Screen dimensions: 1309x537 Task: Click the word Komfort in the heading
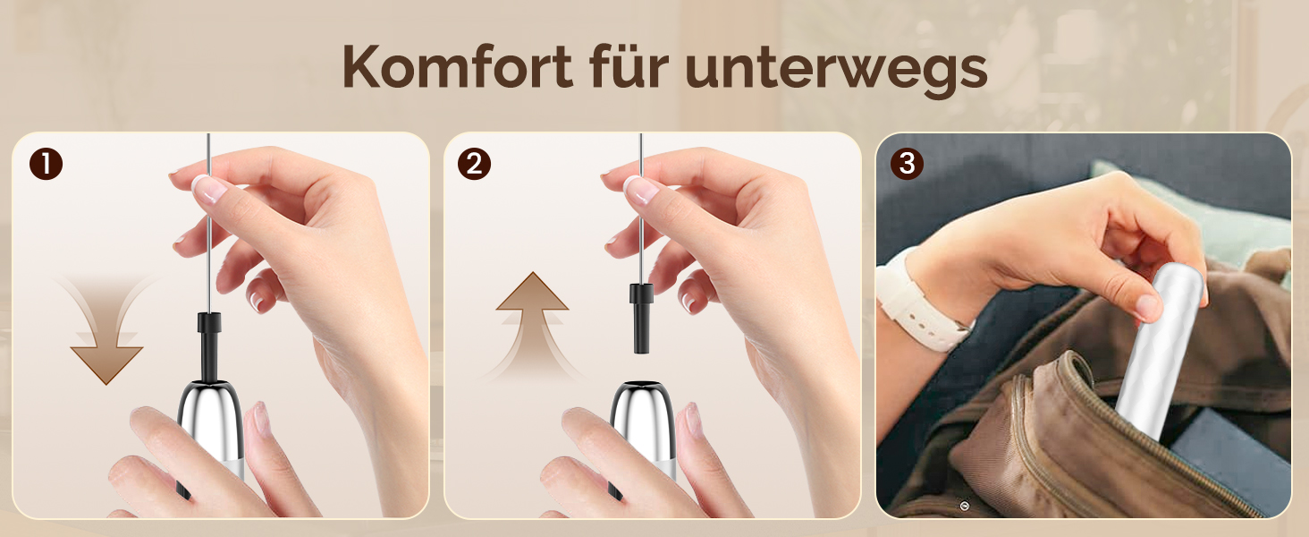coord(457,66)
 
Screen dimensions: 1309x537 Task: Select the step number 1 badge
coord(46,164)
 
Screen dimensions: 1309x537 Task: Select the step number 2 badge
coord(474,163)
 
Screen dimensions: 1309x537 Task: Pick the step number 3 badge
coord(907,163)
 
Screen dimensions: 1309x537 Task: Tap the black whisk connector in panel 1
coord(208,346)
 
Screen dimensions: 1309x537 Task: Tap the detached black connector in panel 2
coord(641,318)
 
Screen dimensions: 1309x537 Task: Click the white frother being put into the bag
coord(1160,351)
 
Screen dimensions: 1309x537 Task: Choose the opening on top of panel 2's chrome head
coord(642,385)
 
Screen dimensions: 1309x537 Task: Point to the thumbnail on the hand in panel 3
coord(1148,307)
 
